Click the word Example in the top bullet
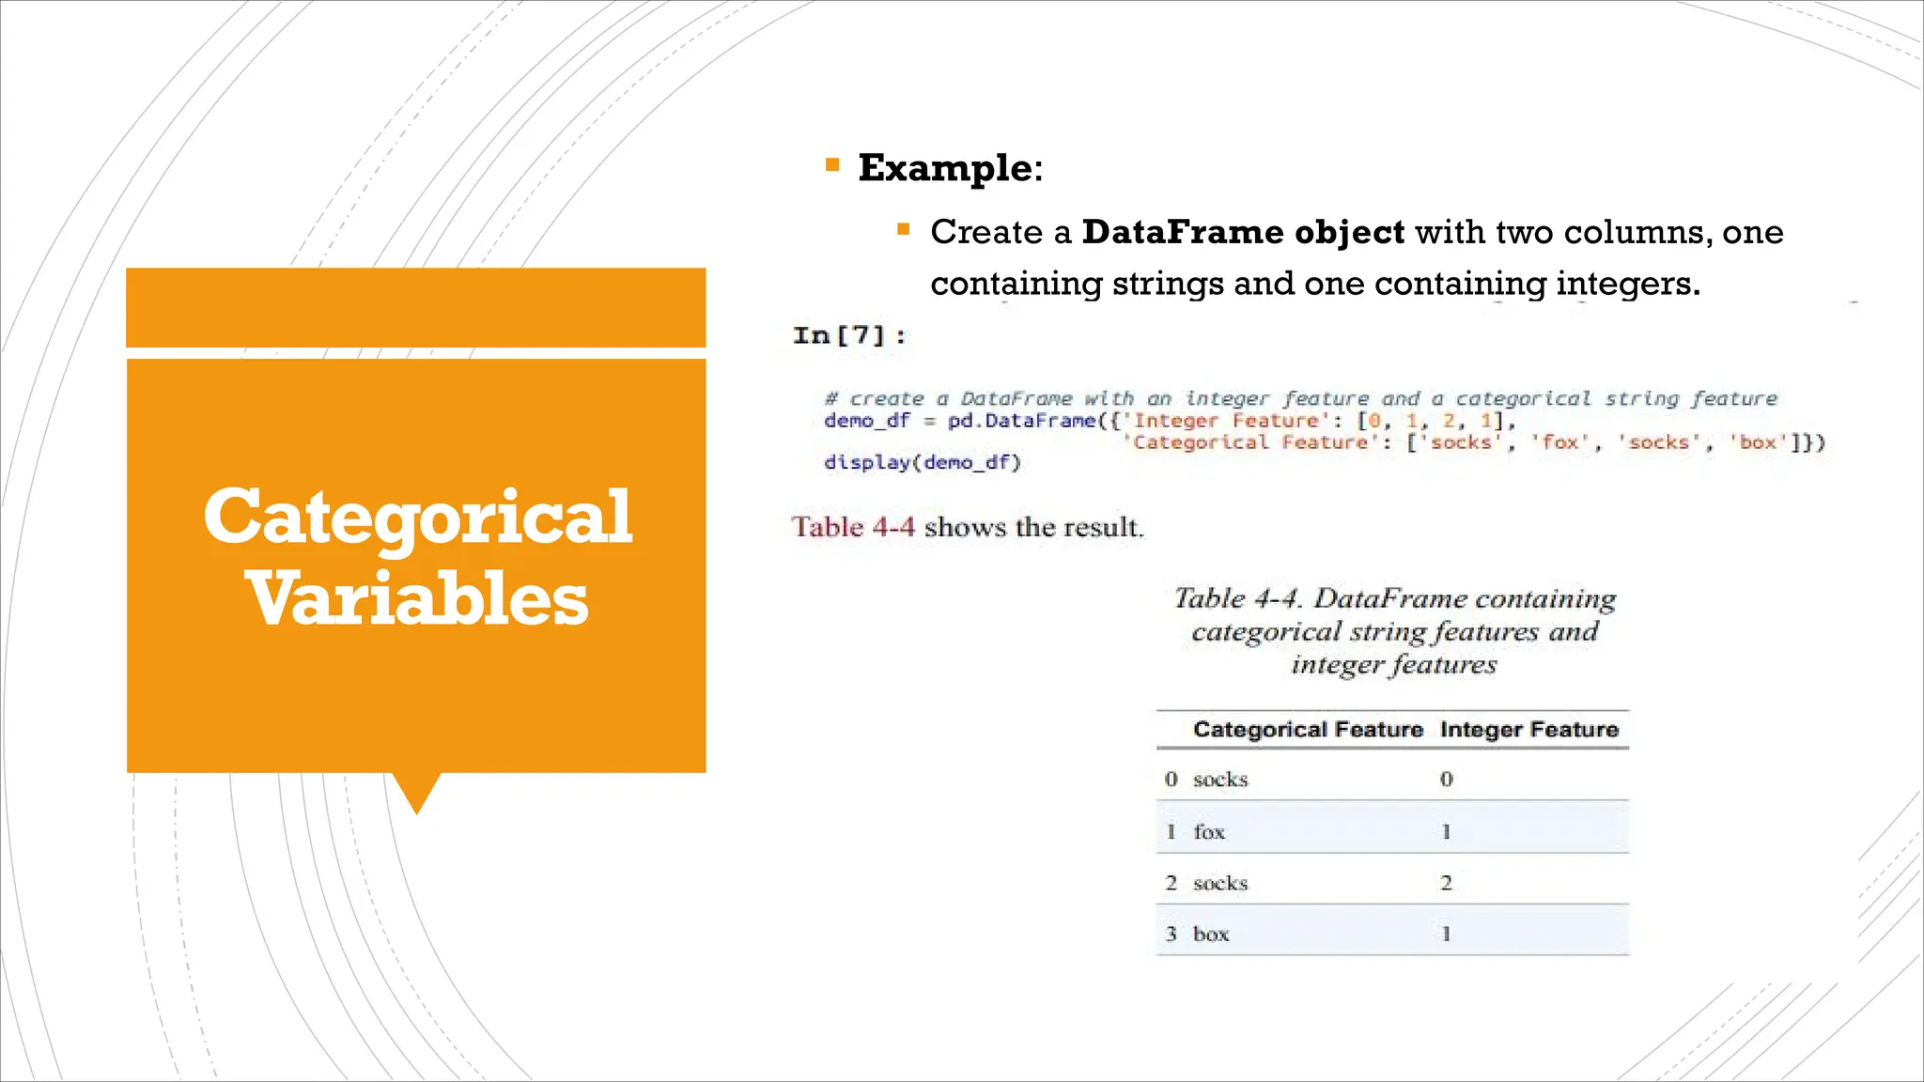944,168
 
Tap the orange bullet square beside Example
831,166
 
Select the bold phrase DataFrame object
1243,232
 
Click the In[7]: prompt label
849,335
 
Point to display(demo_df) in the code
922,462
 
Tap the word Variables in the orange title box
417,598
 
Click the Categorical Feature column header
1308,730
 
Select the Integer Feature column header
1528,730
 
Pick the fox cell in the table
1209,832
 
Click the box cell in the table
1211,935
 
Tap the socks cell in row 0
1220,780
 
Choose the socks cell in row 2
1220,884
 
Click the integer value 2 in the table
1446,884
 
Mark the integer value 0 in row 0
1446,780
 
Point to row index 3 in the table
1171,935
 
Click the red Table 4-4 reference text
853,527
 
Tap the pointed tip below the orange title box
416,806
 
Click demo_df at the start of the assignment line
866,421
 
